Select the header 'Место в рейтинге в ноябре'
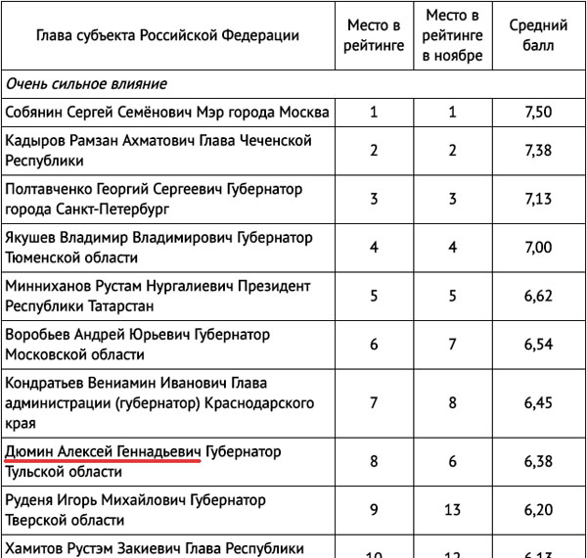click(x=453, y=35)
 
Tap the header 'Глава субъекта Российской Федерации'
click(x=167, y=35)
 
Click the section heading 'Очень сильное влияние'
click(x=86, y=84)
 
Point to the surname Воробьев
click(x=39, y=335)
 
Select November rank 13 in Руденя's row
click(x=453, y=510)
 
